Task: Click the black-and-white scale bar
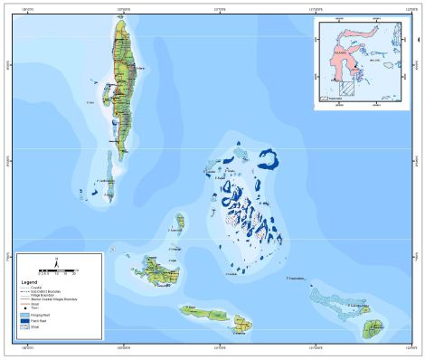[x=56, y=270]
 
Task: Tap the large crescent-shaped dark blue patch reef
[x=269, y=158]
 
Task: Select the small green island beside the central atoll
[x=181, y=221]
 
